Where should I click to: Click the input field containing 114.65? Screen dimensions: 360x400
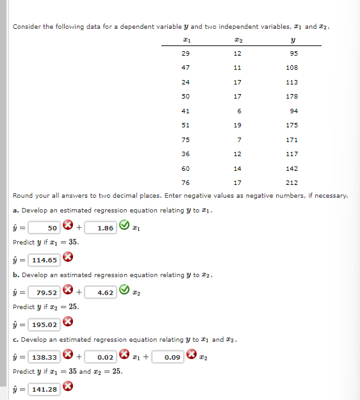(x=44, y=260)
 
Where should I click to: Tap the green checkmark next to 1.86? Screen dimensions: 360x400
(x=127, y=227)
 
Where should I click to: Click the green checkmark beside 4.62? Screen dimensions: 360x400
(x=127, y=292)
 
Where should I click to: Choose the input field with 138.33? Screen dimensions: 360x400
(x=44, y=356)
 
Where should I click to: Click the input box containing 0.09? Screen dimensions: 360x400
(x=170, y=356)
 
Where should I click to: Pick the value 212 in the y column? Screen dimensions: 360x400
(x=291, y=182)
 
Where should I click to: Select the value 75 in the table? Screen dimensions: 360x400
(x=186, y=140)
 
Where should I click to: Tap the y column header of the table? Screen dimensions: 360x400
(x=291, y=40)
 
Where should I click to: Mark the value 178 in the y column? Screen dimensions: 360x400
(x=291, y=97)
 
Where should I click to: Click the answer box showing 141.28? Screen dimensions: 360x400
(x=44, y=389)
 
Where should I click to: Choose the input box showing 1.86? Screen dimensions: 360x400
(x=105, y=227)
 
